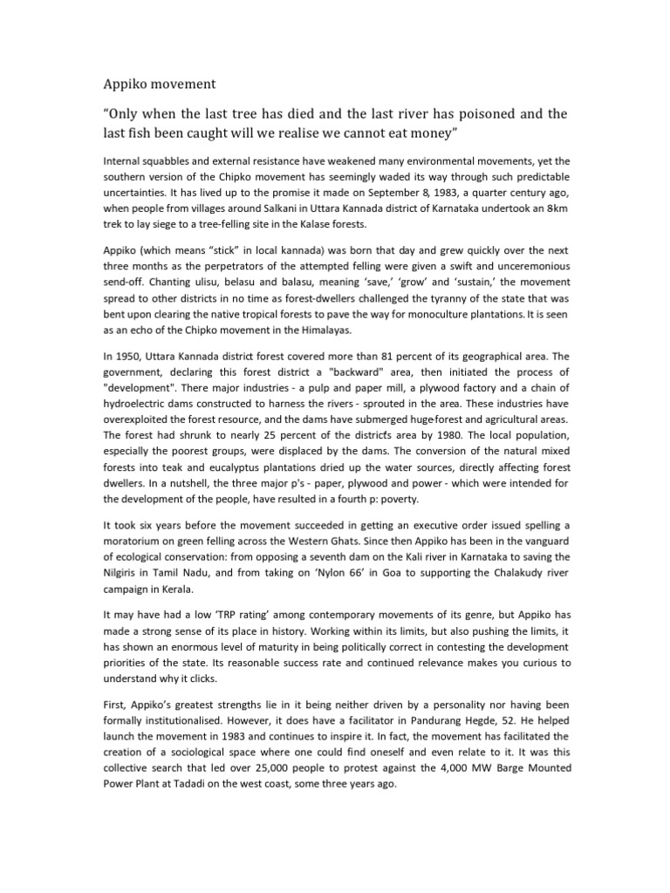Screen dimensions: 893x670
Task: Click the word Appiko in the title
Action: pyautogui.click(x=122, y=85)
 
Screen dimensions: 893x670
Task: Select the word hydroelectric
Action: pyautogui.click(x=138, y=404)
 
